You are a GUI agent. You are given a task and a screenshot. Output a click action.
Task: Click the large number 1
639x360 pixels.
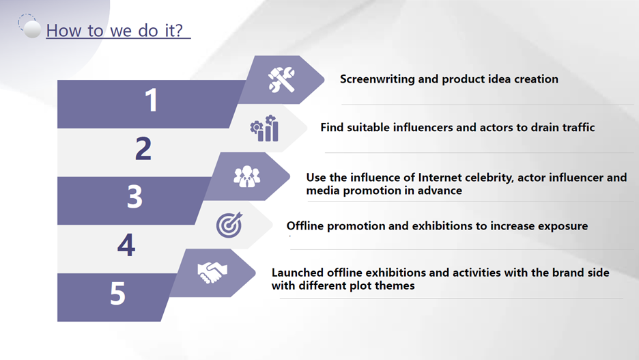152,100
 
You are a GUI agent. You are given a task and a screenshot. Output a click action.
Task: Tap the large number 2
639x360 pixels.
143,148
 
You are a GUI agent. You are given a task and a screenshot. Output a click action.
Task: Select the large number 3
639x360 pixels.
135,197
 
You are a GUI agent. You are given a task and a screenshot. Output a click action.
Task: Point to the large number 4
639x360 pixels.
126,245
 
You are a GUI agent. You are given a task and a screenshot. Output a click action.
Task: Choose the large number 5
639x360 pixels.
118,293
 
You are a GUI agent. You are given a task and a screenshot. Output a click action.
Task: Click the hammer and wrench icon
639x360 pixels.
281,79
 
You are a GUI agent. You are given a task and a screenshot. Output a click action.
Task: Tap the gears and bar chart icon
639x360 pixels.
264,128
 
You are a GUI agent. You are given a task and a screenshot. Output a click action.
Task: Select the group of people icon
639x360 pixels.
247,176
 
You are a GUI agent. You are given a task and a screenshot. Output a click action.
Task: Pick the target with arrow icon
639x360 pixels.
229,225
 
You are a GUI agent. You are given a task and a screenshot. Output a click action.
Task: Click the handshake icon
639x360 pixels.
212,273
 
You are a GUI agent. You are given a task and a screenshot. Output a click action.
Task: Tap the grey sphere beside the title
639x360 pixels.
32,29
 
